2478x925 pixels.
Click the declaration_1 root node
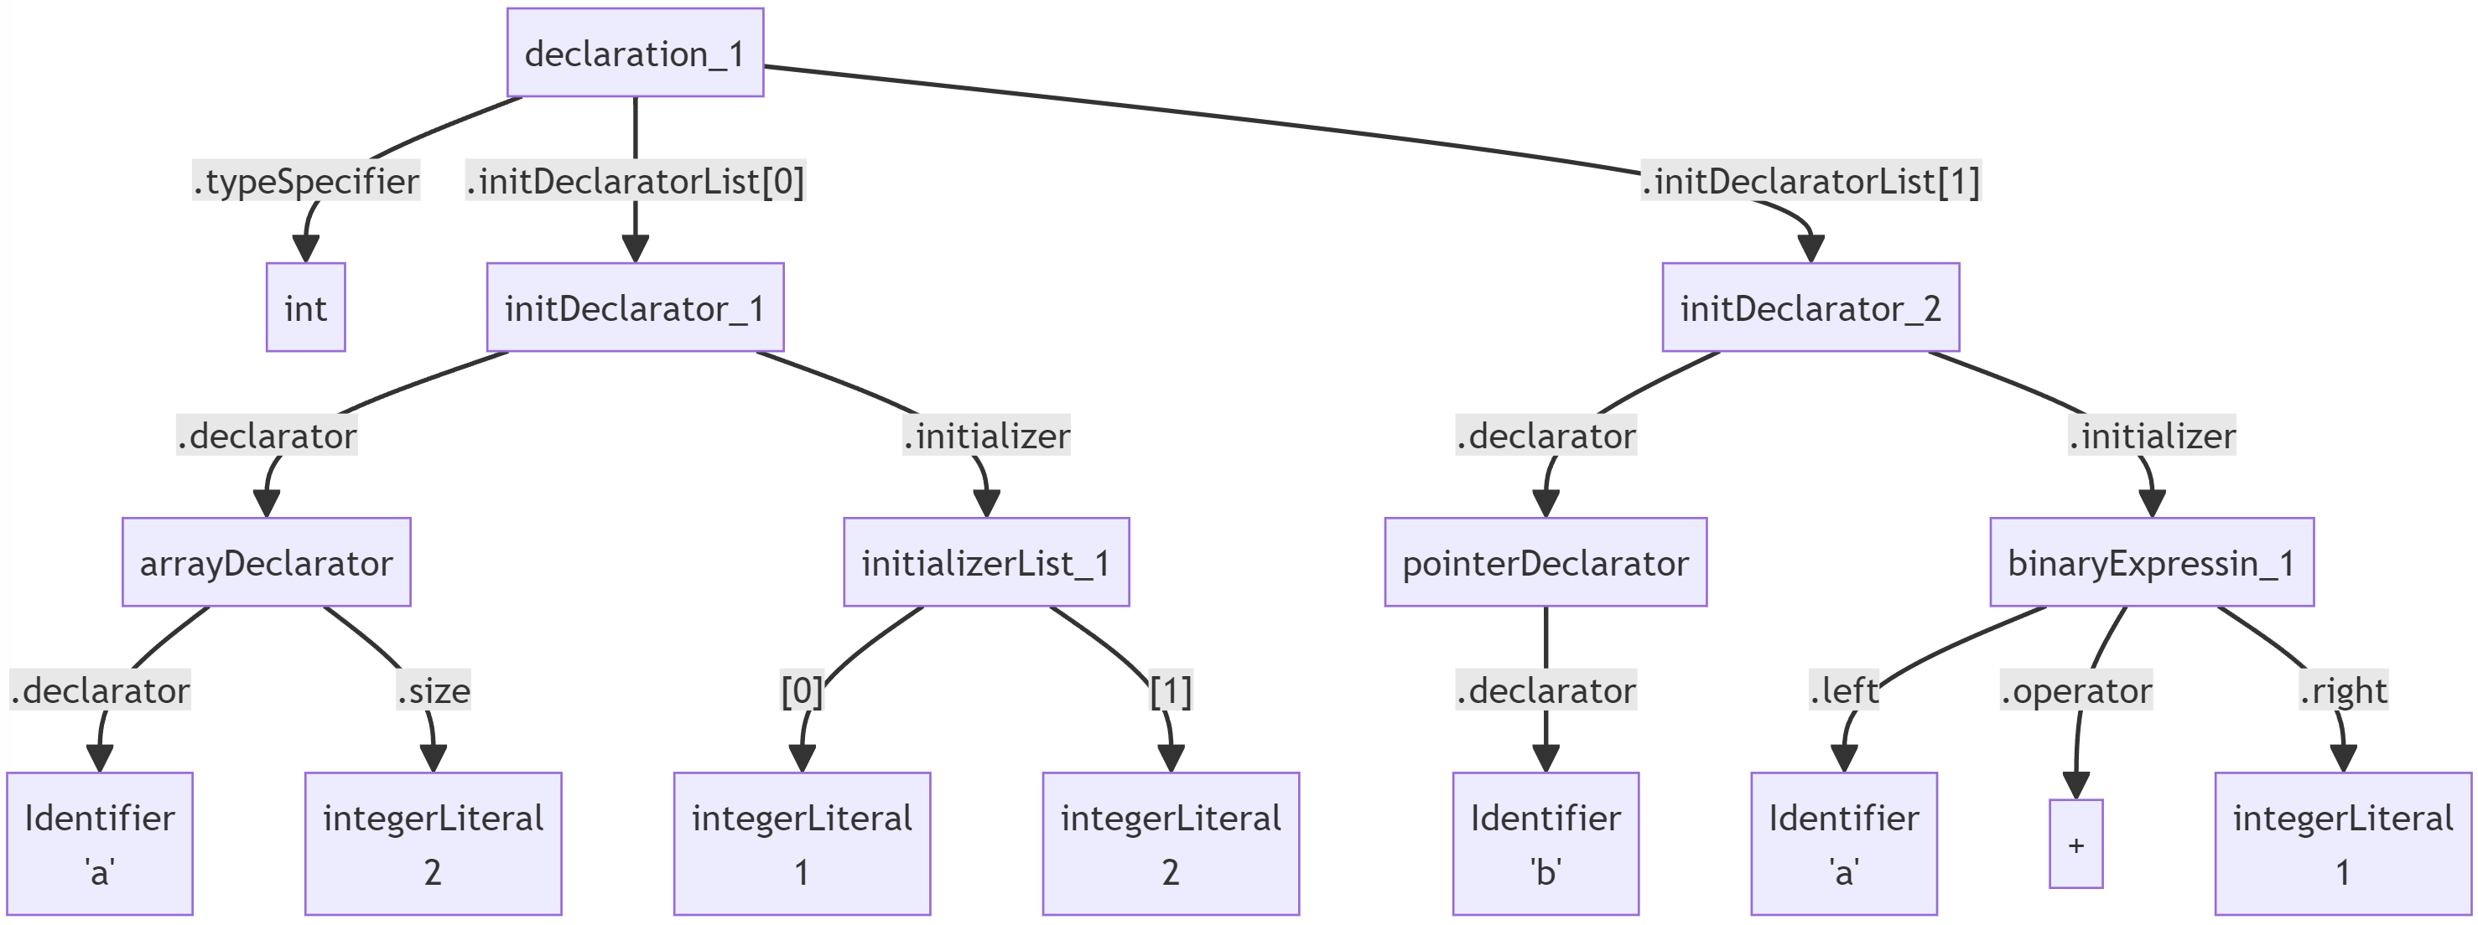(x=635, y=53)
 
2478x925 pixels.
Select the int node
(x=306, y=307)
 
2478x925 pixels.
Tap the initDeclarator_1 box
(x=635, y=307)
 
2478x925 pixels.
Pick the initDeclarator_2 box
(x=1810, y=307)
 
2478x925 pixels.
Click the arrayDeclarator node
(x=267, y=562)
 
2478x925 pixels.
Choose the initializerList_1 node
(x=986, y=562)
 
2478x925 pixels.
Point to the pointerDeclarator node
(x=1545, y=562)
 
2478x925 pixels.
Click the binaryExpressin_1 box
(x=2151, y=562)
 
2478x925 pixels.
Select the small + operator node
(x=2076, y=845)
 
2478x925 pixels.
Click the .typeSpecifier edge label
(x=306, y=181)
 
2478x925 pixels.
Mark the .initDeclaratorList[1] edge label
(x=1810, y=181)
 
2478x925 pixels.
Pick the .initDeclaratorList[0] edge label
(x=635, y=181)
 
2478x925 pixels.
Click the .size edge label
(x=433, y=690)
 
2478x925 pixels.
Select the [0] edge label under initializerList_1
(x=802, y=690)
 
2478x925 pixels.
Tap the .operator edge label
(x=2076, y=690)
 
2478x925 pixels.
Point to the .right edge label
(x=2343, y=690)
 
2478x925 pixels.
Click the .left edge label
(x=1843, y=690)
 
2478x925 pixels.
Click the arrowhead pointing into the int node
(x=306, y=250)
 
